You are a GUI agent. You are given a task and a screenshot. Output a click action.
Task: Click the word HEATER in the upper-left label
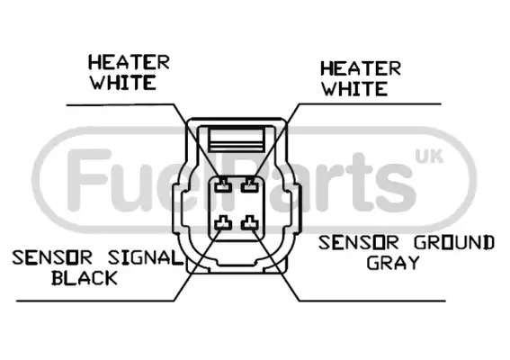coord(130,62)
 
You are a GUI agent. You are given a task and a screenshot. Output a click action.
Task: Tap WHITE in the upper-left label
coord(123,83)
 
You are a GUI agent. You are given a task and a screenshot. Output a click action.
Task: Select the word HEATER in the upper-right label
coord(361,68)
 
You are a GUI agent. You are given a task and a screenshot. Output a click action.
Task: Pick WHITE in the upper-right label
coord(355,88)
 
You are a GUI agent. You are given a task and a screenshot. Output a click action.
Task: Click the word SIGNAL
coord(145,257)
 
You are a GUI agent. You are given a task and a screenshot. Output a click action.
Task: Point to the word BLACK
coord(85,278)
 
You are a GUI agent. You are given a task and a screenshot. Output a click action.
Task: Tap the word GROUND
coord(454,242)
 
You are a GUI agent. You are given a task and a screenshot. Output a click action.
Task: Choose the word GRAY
coord(393,263)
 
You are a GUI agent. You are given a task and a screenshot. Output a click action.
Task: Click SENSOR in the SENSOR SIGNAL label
coord(52,257)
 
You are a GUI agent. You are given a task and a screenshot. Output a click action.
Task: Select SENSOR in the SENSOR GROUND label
coord(358,242)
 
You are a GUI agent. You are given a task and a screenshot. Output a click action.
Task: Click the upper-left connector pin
coord(223,185)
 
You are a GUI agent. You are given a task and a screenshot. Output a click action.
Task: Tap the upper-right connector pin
coord(250,185)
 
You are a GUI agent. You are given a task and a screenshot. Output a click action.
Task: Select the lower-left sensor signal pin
coord(223,223)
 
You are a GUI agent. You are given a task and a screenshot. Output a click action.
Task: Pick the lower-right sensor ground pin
coord(250,223)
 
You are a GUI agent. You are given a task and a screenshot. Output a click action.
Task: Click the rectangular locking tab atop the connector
coord(237,140)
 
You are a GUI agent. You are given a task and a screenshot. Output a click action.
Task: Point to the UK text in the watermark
coord(429,157)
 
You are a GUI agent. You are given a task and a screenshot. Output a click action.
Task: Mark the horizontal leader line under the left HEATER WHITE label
coord(121,104)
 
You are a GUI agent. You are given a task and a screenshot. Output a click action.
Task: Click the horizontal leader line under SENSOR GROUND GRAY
coord(371,301)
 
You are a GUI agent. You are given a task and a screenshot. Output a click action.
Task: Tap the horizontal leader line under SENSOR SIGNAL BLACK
coord(95,301)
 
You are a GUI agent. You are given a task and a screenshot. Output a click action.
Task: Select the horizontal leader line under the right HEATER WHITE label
coord(370,104)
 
